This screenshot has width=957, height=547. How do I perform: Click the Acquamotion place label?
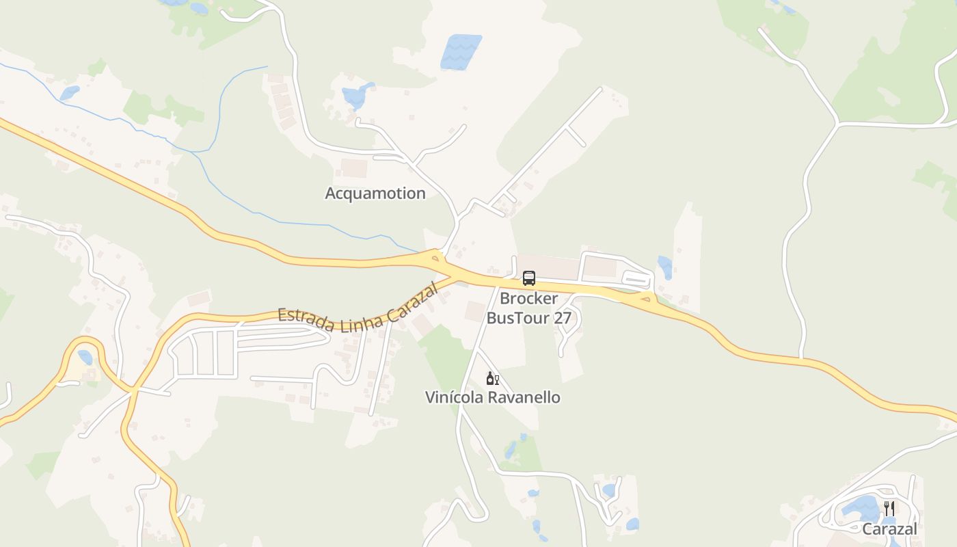(x=375, y=194)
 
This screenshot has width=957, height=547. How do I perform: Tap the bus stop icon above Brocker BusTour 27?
(x=529, y=278)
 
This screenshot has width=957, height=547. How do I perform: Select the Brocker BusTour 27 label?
(x=528, y=308)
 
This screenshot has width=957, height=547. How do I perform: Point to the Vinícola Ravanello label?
(x=492, y=397)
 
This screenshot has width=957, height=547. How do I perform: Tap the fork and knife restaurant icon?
(x=889, y=508)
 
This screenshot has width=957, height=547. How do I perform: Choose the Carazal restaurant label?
(x=889, y=529)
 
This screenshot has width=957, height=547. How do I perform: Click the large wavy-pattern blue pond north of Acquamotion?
(x=461, y=51)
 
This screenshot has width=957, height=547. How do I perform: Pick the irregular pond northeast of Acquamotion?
(x=358, y=96)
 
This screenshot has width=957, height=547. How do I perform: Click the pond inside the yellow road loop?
(x=85, y=357)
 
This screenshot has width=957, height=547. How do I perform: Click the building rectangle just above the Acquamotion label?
(x=354, y=168)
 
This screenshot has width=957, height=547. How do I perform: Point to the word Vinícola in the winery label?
(x=453, y=397)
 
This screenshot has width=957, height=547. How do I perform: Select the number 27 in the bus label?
(x=563, y=318)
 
